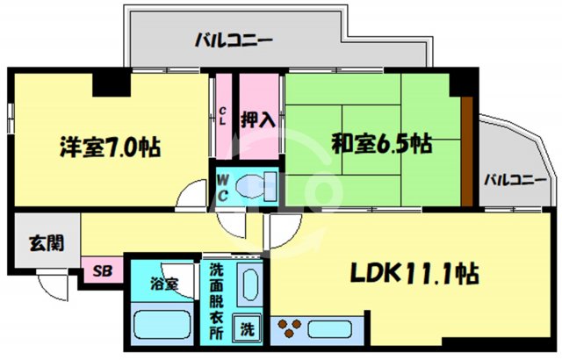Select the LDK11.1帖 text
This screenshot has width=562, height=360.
(x=415, y=273)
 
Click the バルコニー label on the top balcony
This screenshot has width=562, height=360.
(x=234, y=40)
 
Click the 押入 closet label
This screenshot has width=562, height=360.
(x=259, y=119)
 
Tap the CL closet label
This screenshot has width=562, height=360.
(x=223, y=116)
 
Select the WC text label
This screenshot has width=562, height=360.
(x=223, y=185)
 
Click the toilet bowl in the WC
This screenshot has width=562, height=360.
(x=261, y=186)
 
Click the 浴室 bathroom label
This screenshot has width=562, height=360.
(x=163, y=284)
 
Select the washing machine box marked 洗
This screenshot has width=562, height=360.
(x=249, y=330)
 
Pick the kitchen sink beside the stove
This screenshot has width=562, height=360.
(x=331, y=329)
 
